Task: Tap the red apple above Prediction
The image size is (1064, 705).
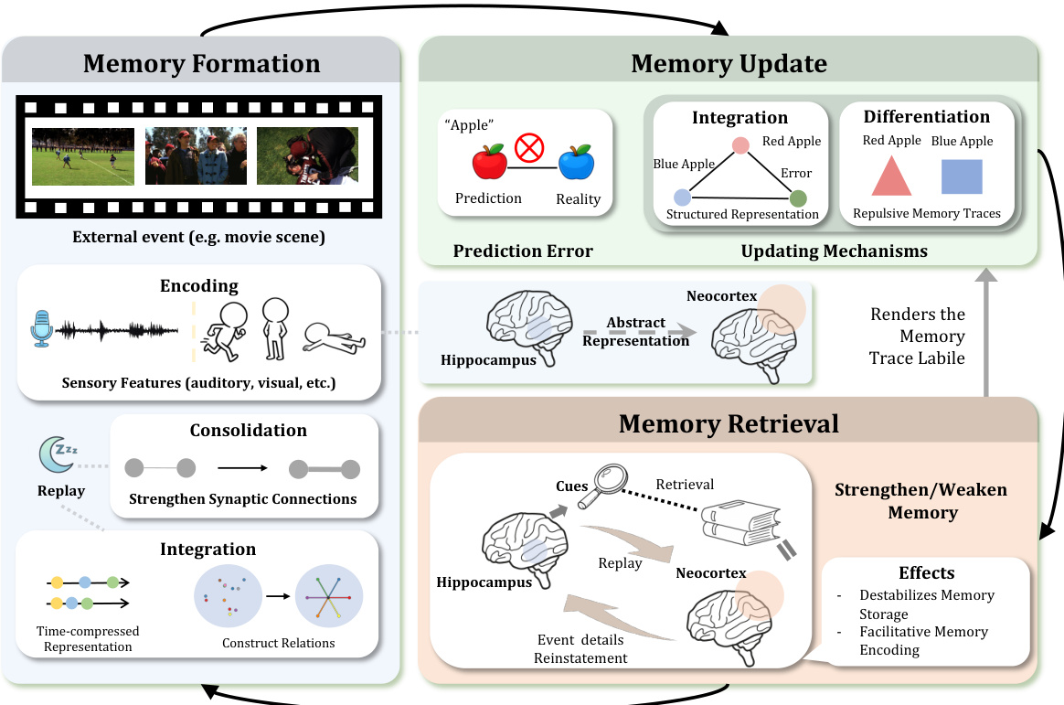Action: click(x=489, y=162)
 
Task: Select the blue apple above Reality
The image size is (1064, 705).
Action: click(x=577, y=162)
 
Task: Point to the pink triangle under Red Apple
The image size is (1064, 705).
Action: click(x=891, y=176)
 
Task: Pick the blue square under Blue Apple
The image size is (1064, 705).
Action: click(x=962, y=176)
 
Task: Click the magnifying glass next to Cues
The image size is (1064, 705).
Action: click(x=608, y=481)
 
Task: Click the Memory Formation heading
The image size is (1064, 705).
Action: click(x=201, y=63)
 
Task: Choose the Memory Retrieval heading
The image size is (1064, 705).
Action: click(x=729, y=423)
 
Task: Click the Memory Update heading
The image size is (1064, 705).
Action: click(x=729, y=63)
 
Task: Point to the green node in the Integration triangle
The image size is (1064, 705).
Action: click(x=797, y=198)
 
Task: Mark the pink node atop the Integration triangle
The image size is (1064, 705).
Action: click(x=741, y=144)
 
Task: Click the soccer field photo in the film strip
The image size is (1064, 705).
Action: click(x=83, y=156)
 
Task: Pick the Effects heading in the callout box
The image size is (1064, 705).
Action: click(x=927, y=573)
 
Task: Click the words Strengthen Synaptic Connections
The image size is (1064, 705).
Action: click(x=242, y=499)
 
